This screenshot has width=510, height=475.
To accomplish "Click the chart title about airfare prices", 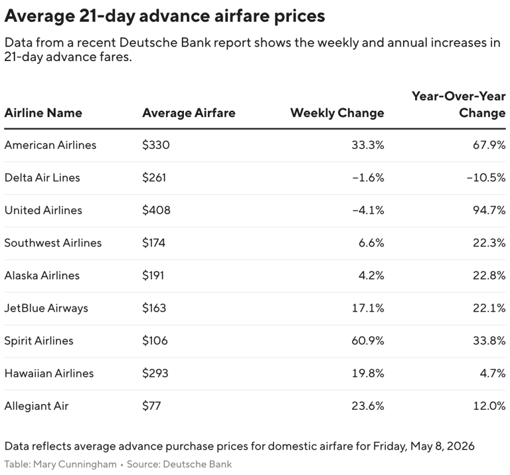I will click(x=165, y=15).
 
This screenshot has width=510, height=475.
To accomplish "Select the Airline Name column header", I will click(x=43, y=113).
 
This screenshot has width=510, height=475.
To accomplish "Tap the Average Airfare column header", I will click(x=189, y=113).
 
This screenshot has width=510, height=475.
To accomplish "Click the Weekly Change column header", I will click(x=337, y=113).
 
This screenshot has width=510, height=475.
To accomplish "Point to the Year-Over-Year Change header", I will click(x=458, y=104).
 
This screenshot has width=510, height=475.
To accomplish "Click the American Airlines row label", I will click(x=50, y=145).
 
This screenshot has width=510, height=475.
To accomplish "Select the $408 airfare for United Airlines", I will click(x=156, y=210).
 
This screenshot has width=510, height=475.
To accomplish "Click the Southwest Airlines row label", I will click(x=53, y=242).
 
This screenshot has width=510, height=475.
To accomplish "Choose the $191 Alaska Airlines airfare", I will click(x=153, y=275).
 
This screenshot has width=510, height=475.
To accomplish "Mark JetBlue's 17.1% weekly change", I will click(x=369, y=308).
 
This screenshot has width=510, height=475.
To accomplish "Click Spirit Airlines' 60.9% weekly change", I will click(x=368, y=340).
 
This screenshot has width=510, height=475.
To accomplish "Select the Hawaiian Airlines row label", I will click(x=49, y=373).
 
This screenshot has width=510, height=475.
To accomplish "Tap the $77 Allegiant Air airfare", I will click(x=151, y=405).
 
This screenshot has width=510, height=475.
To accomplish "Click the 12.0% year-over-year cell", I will click(x=490, y=405).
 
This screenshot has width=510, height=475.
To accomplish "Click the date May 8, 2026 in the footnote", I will click(x=439, y=446).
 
